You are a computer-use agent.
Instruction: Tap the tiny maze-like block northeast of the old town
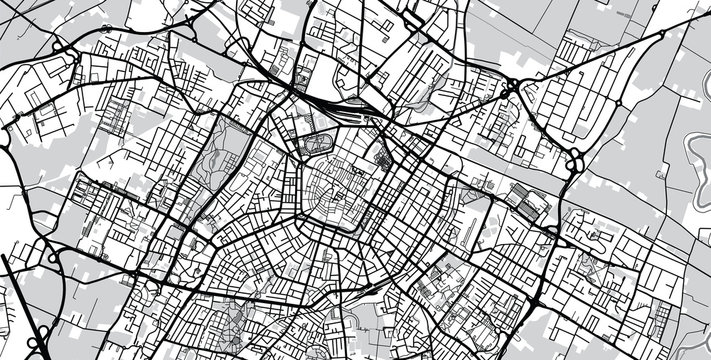click(x=383, y=157)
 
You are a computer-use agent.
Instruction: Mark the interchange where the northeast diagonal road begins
click(x=510, y=92)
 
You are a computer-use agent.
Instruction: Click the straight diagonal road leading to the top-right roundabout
click(x=590, y=60)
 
